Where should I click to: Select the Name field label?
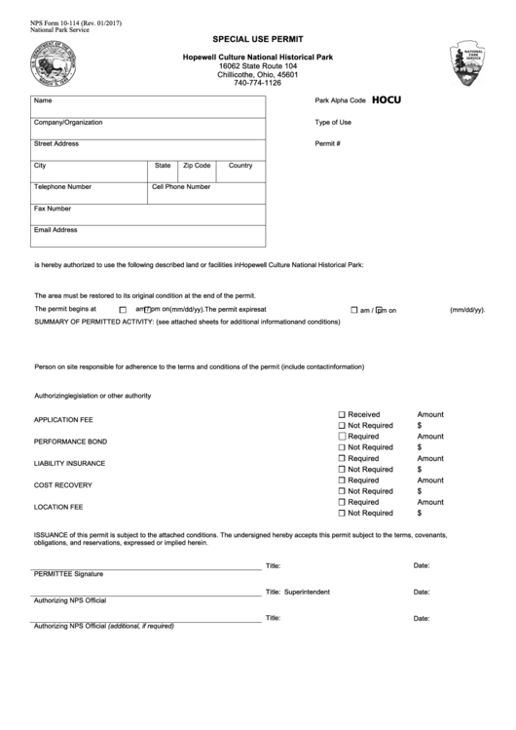pos(43,101)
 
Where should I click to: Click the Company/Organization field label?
pos(68,123)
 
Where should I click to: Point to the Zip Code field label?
pos(197,166)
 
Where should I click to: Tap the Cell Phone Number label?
pos(181,186)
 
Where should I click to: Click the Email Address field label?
pos(55,230)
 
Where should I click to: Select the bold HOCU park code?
pos(387,99)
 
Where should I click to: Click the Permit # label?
pos(327,143)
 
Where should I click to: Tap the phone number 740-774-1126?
pos(257,83)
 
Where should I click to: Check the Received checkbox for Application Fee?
pos(342,414)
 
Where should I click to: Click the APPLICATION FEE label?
pos(63,420)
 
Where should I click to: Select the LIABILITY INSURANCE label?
pos(70,463)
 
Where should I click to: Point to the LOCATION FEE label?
pos(58,507)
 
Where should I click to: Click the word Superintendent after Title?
pos(307,592)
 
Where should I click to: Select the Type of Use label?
pos(333,123)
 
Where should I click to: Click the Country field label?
pos(240,166)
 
